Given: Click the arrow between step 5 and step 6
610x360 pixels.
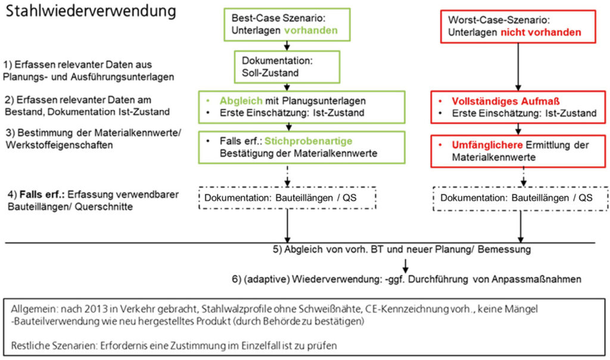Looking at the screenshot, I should click(x=405, y=265).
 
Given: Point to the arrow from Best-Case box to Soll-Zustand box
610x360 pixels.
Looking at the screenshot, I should click(x=287, y=45).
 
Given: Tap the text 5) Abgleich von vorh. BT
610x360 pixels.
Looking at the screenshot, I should click(x=334, y=249).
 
